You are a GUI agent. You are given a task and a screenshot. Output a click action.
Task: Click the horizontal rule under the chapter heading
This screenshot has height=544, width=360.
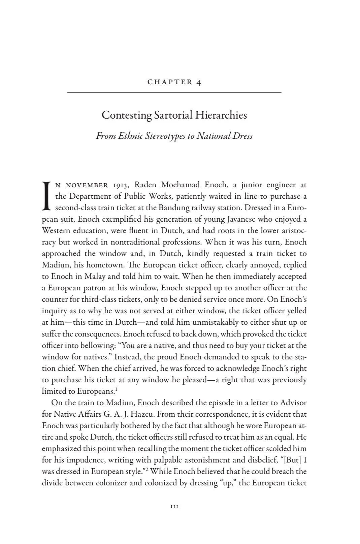pos(174,92)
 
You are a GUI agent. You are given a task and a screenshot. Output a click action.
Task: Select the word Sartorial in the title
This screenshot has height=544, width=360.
pos(173,115)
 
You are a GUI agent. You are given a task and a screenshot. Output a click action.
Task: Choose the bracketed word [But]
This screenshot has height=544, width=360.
pos(290,460)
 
